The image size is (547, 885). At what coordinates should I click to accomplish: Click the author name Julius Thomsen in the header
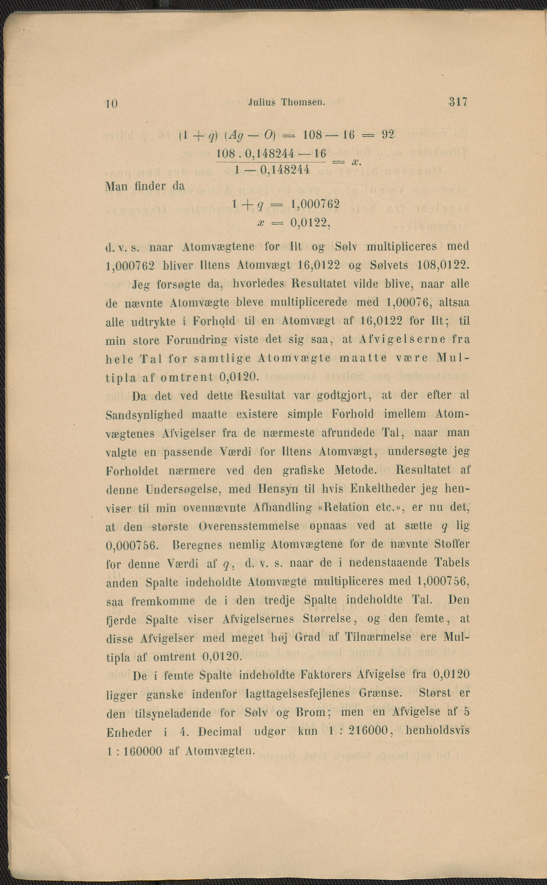(x=287, y=103)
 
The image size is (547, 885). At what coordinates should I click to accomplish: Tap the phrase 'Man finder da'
(x=145, y=187)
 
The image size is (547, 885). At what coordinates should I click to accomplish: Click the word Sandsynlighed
(x=145, y=414)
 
